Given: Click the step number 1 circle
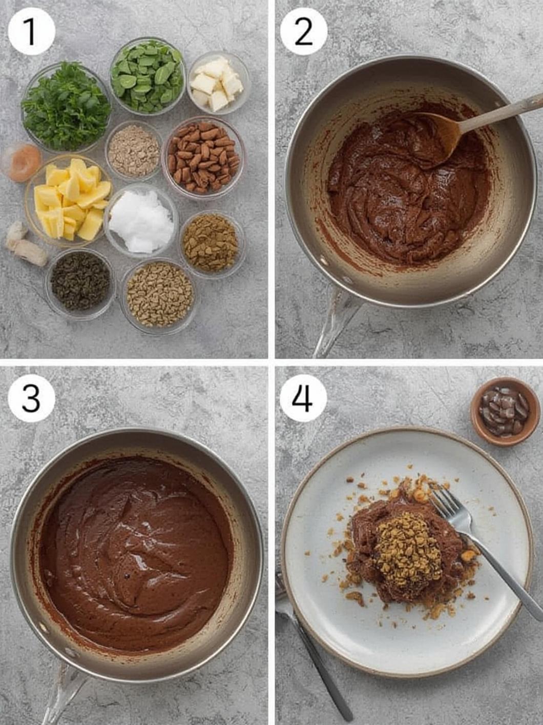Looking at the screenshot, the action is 31,31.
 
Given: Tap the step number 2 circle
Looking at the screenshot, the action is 303,31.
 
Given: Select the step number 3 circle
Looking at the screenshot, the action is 31,398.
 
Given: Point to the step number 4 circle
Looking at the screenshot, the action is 303,398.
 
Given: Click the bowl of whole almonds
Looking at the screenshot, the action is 203,157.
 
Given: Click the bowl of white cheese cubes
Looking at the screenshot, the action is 218,83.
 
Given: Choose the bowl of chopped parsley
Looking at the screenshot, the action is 66,106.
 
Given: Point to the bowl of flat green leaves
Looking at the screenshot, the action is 148,75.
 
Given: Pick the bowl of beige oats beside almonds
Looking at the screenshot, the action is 134,151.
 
